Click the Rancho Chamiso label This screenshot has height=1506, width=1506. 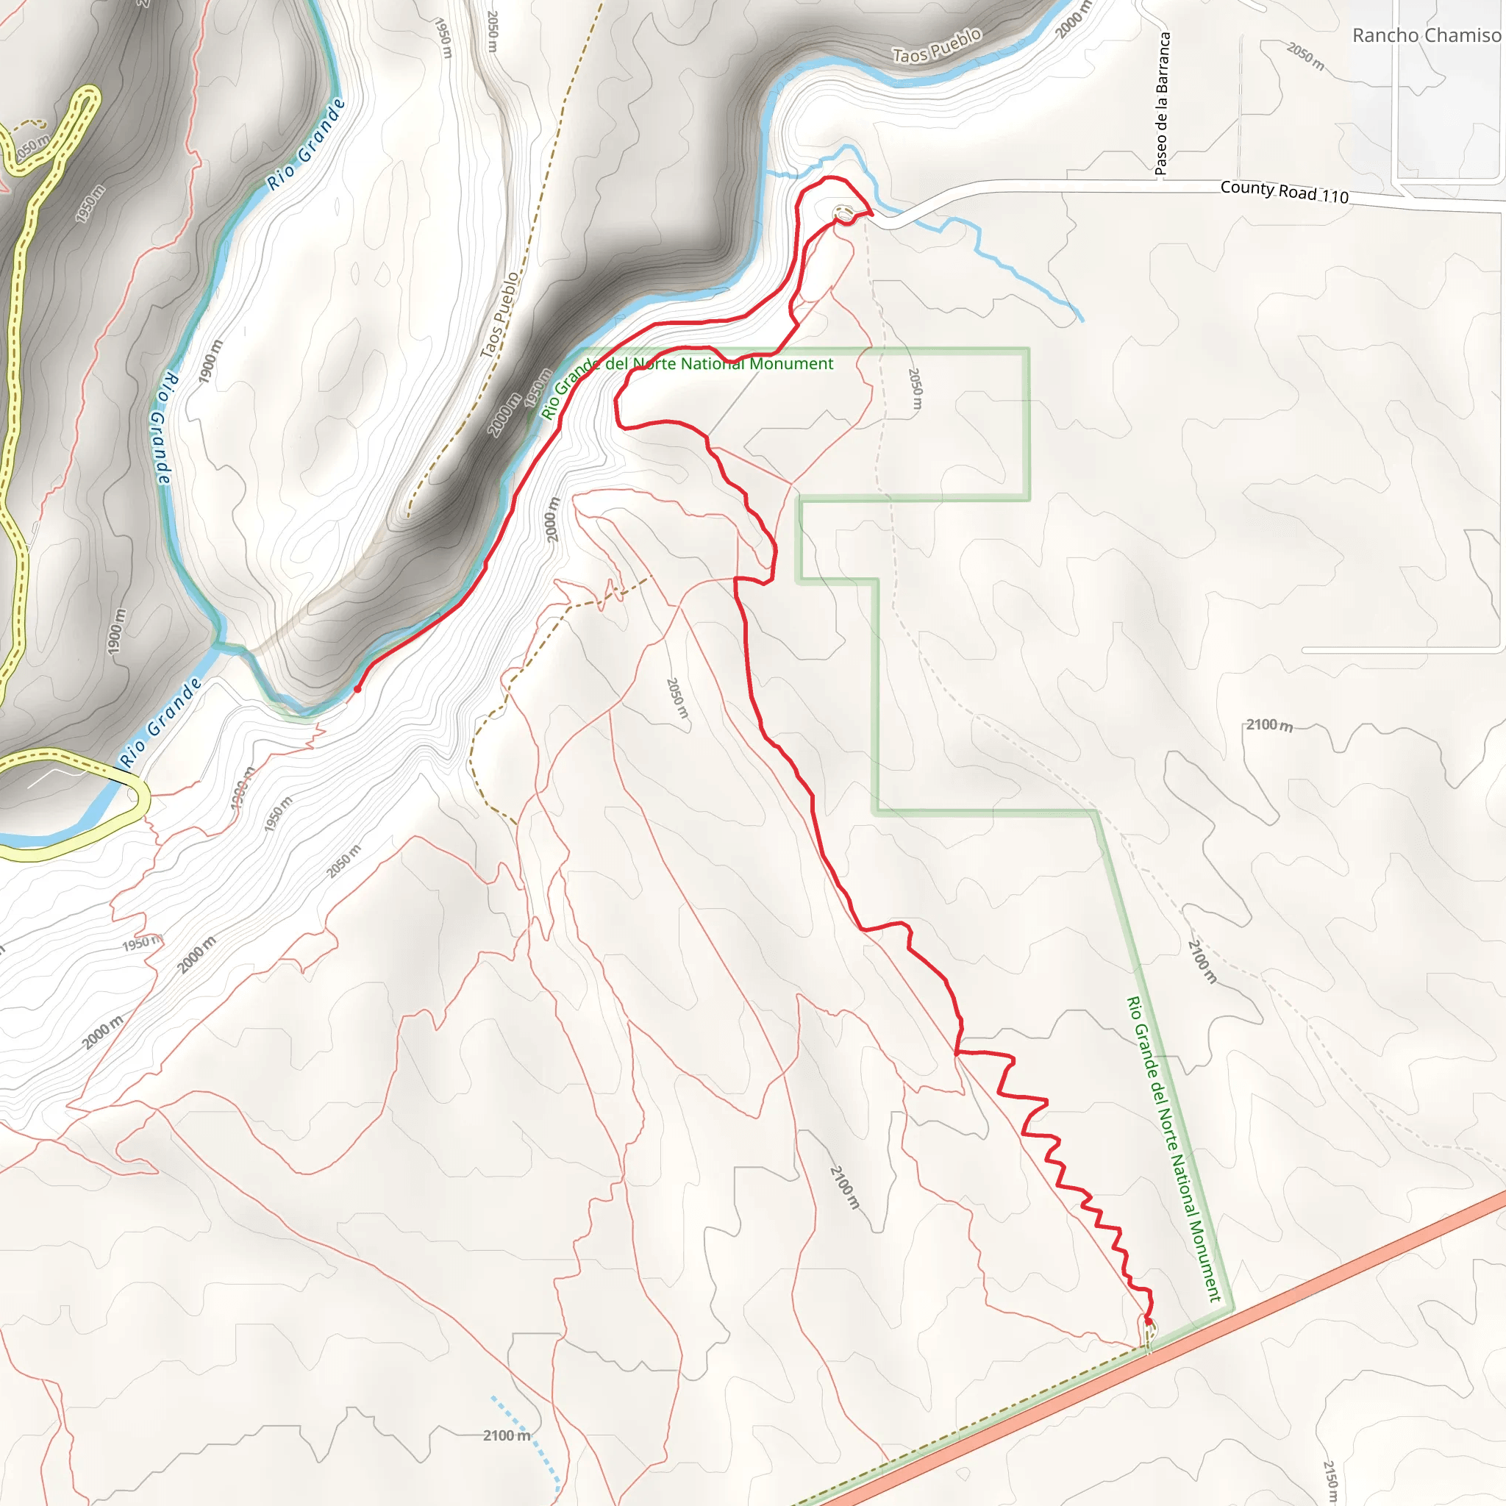(1427, 36)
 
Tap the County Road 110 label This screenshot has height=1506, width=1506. (1284, 191)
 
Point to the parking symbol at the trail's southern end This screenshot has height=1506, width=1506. (1150, 1327)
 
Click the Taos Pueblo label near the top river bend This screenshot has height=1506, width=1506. (936, 45)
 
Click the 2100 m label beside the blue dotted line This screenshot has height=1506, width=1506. (506, 1435)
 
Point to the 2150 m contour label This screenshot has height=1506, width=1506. (1330, 1481)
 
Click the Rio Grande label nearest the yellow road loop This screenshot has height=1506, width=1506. (161, 721)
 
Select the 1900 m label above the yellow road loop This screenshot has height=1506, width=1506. (115, 632)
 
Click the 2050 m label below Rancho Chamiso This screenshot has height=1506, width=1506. (1306, 55)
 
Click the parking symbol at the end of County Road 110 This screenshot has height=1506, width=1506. (843, 212)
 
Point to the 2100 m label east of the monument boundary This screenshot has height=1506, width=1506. (1269, 725)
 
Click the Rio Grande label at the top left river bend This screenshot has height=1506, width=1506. (307, 145)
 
